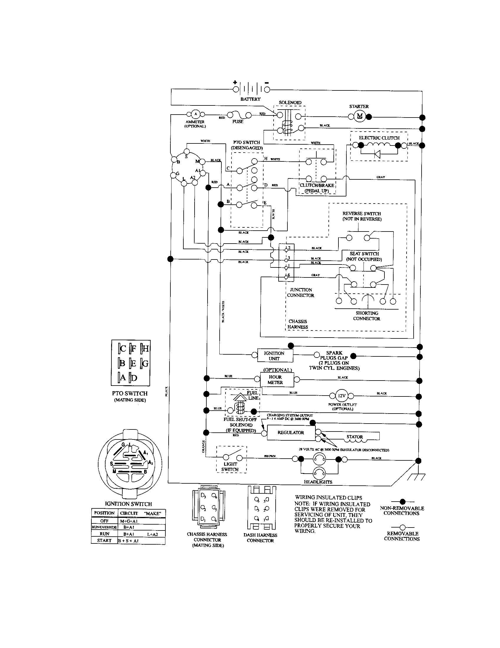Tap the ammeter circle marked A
click(195, 114)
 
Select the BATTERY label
click(250, 99)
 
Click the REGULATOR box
click(291, 433)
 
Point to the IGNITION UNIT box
click(274, 356)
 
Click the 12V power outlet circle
click(341, 396)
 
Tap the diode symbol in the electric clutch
click(378, 154)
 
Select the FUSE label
click(238, 121)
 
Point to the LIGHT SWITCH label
click(230, 467)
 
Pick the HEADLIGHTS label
click(318, 482)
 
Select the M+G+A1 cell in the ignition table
click(129, 521)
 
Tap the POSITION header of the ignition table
click(104, 513)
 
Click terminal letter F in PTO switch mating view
click(133, 349)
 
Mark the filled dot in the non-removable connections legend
click(403, 502)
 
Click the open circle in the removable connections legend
click(402, 527)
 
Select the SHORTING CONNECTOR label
click(367, 316)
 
